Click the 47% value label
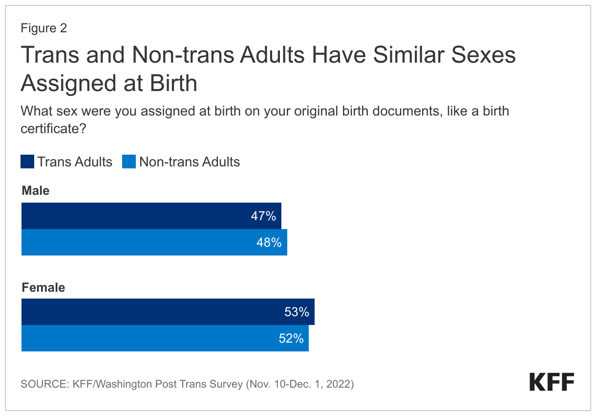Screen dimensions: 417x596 (x=264, y=216)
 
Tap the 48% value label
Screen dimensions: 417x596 (x=269, y=242)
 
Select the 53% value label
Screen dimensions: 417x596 (x=297, y=312)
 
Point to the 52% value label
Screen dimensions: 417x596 (x=291, y=338)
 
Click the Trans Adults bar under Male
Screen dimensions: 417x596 (x=137, y=216)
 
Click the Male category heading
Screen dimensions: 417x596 (x=35, y=190)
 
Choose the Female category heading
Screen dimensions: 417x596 (x=43, y=287)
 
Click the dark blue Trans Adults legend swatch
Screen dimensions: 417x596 (x=27, y=162)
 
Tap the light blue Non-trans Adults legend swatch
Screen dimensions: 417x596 (x=128, y=162)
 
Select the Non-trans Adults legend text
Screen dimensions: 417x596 (x=190, y=162)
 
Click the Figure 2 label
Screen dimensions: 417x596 (x=43, y=28)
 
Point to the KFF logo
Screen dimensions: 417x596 (x=552, y=382)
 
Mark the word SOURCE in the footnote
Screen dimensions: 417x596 (x=42, y=384)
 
